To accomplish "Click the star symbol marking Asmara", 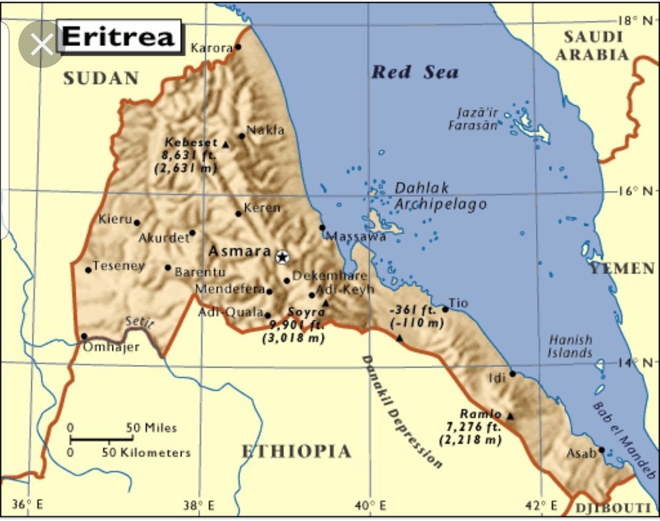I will point(282,257).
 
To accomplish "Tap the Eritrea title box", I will point(119,37).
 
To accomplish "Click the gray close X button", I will point(42,45).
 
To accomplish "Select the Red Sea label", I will point(415,72).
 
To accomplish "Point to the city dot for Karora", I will point(238,47).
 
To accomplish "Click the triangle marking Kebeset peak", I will point(226,145).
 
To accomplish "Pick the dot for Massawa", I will point(323,227).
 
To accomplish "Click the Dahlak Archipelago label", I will point(439,196).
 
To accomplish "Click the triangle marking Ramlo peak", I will point(511,416).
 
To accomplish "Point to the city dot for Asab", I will point(601,450).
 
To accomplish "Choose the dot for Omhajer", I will point(84,336).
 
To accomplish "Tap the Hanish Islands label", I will point(570,346).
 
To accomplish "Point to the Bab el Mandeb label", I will point(623,438).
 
